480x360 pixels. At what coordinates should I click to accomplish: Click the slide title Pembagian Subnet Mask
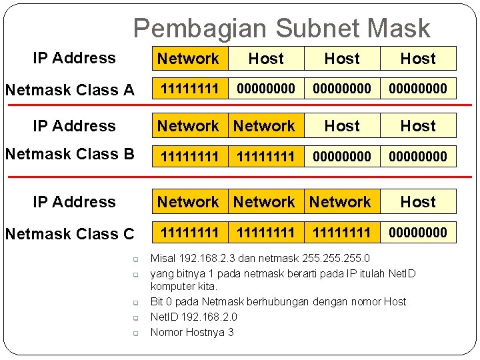point(281,28)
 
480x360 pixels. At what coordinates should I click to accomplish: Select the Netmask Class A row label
point(69,89)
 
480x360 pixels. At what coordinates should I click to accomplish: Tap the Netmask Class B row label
point(69,154)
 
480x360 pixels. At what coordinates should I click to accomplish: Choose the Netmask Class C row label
point(69,233)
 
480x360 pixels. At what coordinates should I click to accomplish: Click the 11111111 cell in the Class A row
point(189,89)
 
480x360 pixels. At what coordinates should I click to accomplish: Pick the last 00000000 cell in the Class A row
point(418,89)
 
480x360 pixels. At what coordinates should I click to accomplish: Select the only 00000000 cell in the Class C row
point(418,233)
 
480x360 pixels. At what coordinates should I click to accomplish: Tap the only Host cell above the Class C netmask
point(418,201)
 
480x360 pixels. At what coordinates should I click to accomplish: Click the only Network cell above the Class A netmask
point(189,59)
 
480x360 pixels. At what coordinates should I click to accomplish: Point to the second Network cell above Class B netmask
point(265,125)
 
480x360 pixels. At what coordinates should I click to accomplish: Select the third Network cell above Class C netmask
point(341,201)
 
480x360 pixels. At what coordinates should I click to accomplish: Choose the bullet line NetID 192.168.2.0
point(193,317)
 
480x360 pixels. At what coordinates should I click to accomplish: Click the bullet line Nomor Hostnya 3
point(192,332)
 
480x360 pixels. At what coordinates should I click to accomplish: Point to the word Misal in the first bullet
point(163,258)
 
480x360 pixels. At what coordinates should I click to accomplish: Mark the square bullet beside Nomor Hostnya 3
point(134,333)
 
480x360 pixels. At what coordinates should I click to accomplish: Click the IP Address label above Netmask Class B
point(74,125)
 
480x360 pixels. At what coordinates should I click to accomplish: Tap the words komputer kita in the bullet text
point(184,286)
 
